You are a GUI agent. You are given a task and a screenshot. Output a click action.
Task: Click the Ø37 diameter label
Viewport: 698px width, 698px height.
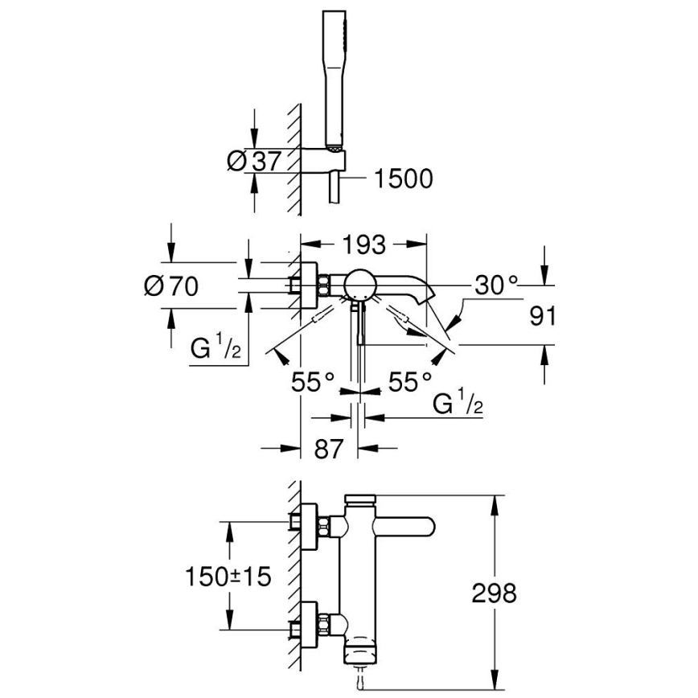(254, 161)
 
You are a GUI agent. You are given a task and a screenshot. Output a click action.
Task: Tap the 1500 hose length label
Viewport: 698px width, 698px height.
(403, 178)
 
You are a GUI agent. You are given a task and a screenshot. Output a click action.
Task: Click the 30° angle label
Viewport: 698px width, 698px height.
(496, 284)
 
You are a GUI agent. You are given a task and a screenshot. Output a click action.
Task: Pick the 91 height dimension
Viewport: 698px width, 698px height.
(544, 315)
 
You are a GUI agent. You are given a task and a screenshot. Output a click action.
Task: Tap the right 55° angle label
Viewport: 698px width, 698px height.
(409, 381)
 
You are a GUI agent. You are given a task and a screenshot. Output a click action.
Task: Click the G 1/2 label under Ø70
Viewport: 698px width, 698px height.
(216, 350)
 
